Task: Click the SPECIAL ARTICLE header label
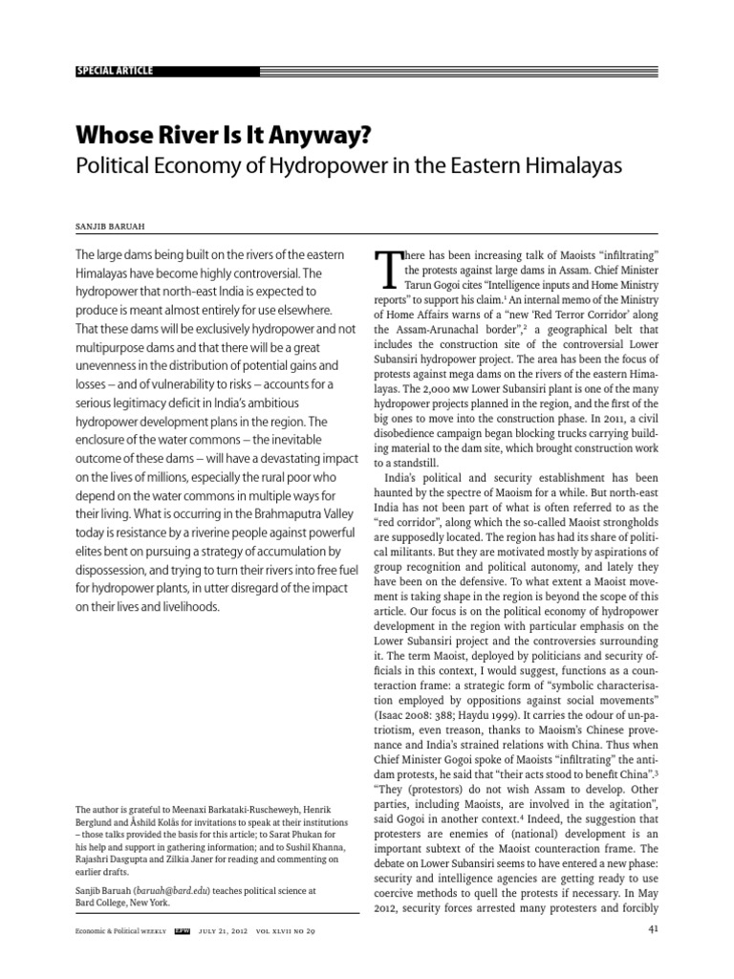113,72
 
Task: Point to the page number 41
653,928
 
